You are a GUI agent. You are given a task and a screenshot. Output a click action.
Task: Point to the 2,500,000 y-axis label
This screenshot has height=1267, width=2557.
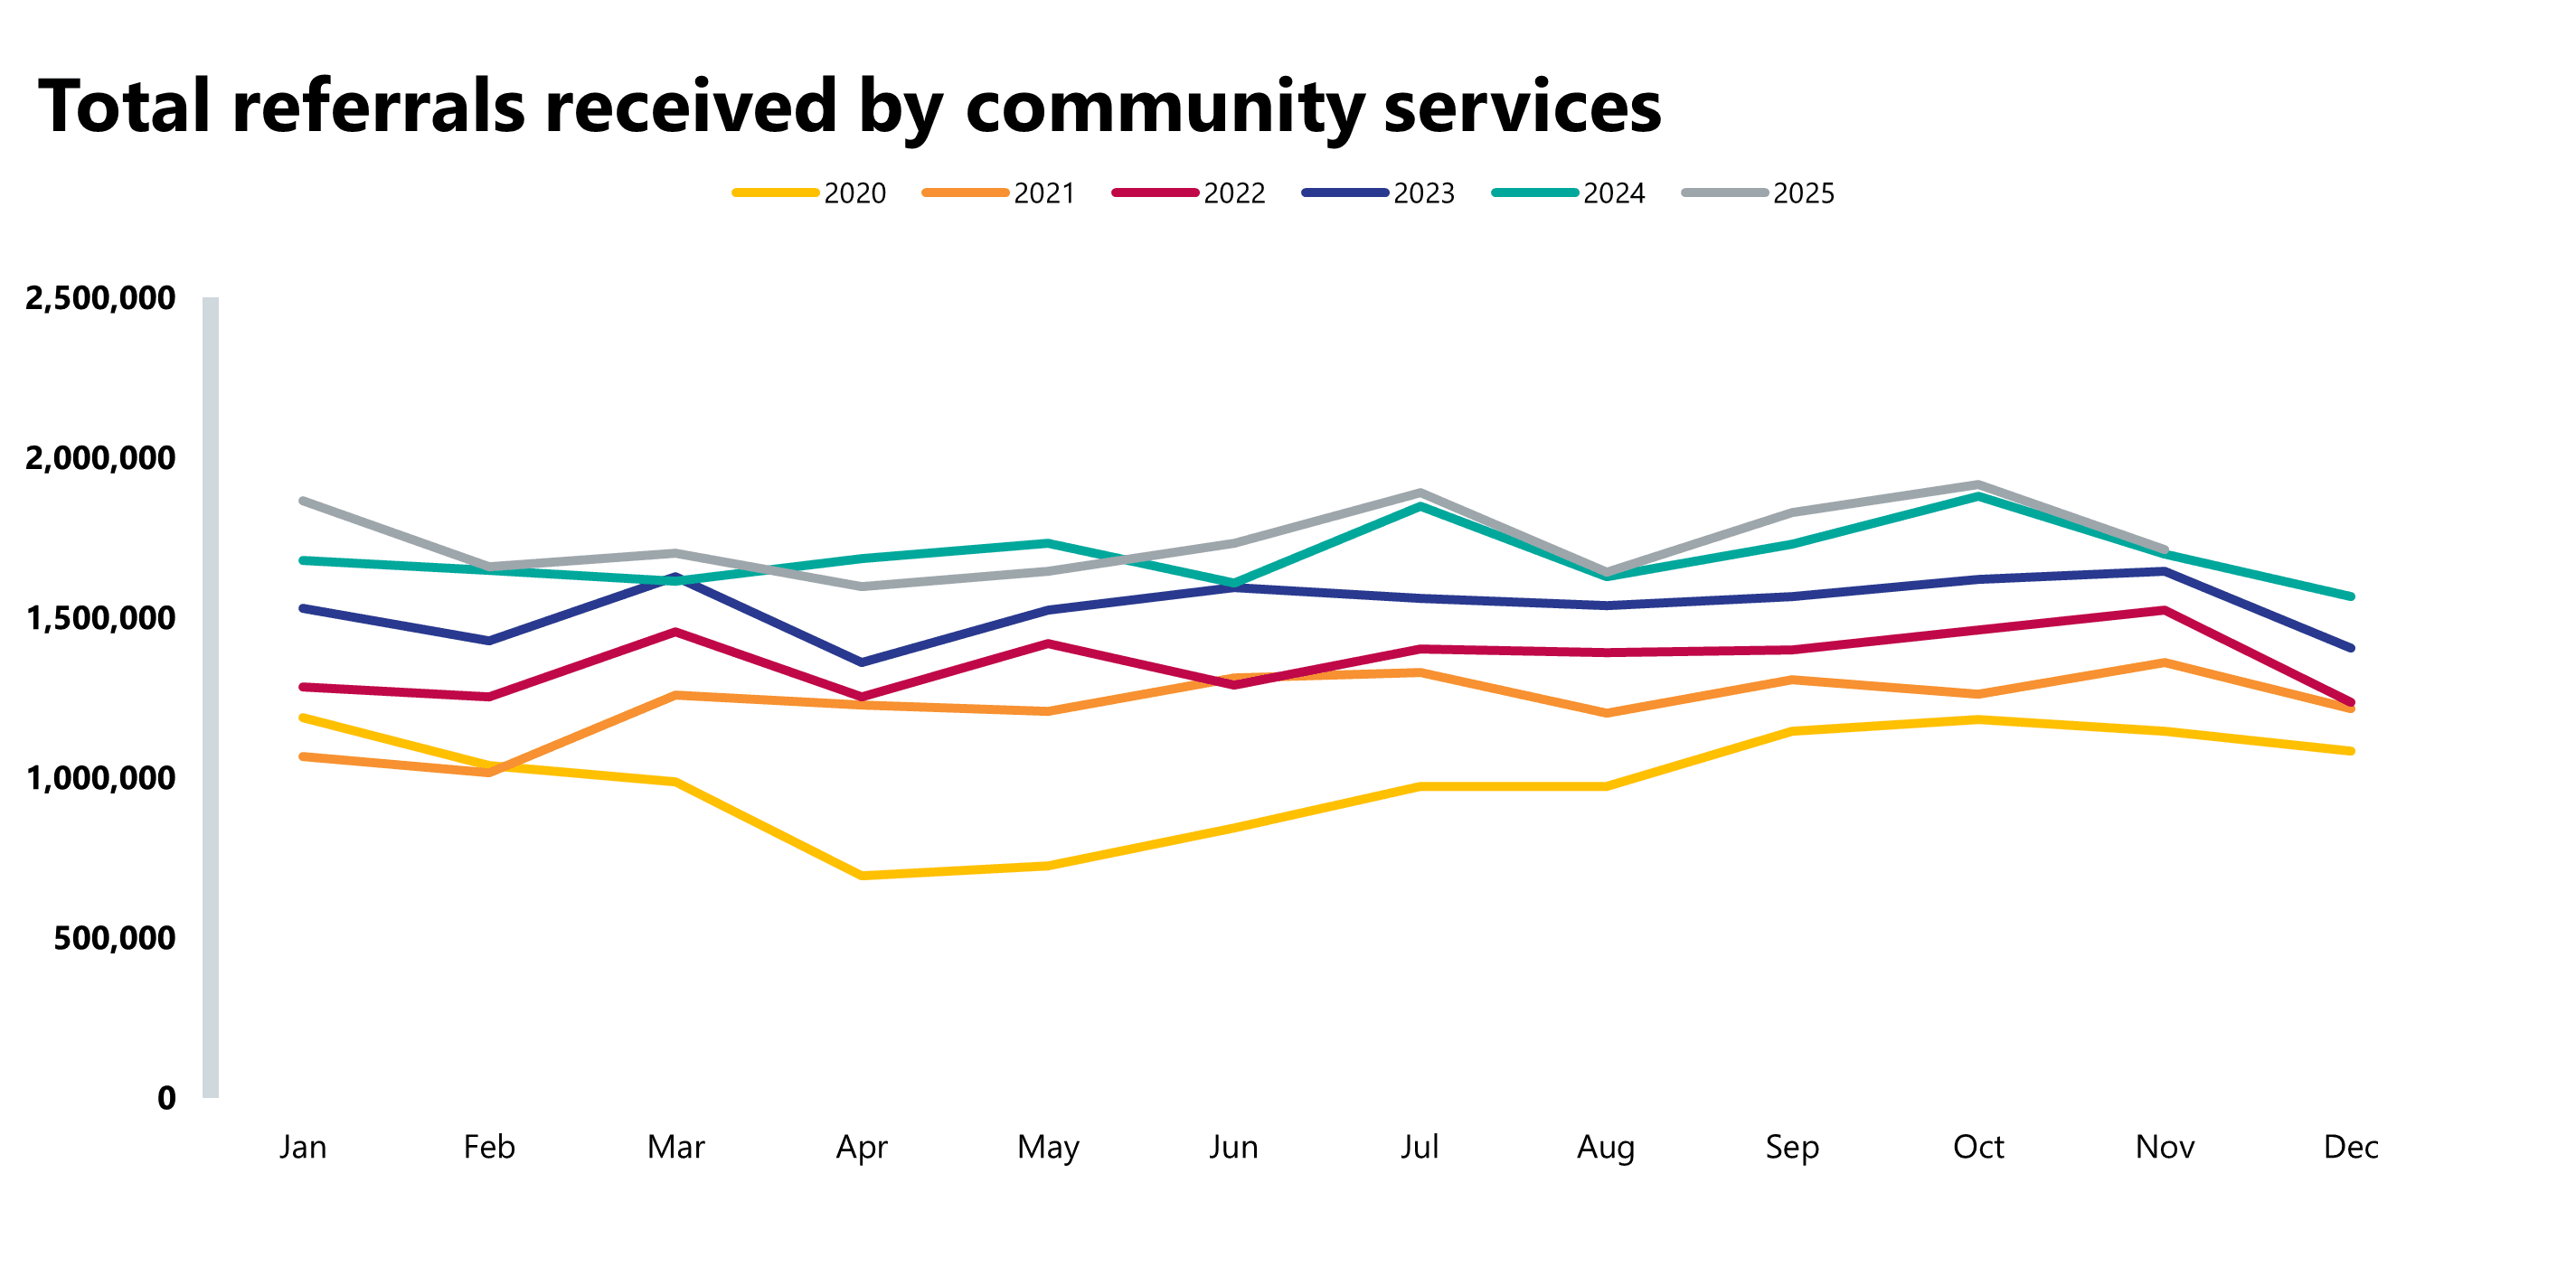[100, 297]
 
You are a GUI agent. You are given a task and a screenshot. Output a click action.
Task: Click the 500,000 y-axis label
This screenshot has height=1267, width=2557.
[114, 938]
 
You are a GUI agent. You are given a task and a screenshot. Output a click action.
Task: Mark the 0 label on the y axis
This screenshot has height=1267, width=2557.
[165, 1097]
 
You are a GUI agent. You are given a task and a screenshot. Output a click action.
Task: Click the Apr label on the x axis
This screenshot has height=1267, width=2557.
[861, 1147]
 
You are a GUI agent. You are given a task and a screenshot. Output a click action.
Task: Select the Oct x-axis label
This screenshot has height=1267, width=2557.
[1977, 1147]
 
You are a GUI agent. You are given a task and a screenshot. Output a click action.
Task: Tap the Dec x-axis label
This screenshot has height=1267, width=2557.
[2351, 1147]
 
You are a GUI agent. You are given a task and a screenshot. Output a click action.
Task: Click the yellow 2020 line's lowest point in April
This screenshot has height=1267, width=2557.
[862, 875]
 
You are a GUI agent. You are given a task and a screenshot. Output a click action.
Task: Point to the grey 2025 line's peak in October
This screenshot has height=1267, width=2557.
[1978, 484]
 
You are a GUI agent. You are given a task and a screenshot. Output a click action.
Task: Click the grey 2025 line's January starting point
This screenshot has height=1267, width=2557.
[303, 501]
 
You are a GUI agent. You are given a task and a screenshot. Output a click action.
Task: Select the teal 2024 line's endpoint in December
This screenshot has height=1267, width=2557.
[2351, 596]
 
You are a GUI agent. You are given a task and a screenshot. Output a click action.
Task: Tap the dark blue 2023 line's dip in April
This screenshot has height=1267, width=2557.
[862, 662]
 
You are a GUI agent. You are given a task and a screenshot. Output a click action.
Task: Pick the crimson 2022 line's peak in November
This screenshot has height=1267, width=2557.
[2164, 610]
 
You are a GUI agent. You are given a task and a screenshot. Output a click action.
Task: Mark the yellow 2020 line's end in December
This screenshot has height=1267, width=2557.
[2351, 751]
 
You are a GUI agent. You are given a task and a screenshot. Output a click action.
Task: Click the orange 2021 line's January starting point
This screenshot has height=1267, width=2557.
[303, 757]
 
